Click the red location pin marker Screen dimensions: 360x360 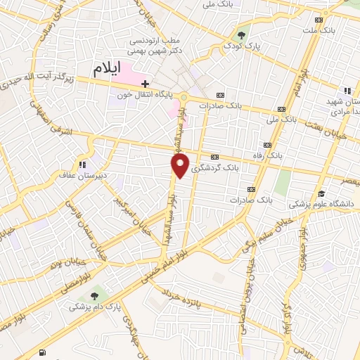(180, 166)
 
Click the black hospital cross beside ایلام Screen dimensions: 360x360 (145, 84)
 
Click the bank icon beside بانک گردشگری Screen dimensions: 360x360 (215, 157)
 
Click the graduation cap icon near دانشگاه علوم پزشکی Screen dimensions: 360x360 (321, 193)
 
